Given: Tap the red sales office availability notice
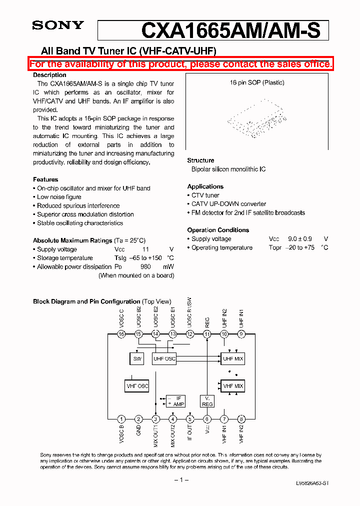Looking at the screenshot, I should (180, 64).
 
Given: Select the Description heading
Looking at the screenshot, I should (49, 75).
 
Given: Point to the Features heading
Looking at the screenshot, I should (45, 179).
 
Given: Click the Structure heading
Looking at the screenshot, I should (200, 160).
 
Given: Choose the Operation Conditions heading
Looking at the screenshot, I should (218, 230).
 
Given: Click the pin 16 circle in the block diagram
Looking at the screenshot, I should (121, 334).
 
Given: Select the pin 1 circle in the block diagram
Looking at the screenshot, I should (121, 419).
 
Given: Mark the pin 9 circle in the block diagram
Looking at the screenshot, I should (241, 334).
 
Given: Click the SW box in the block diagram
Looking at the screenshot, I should (137, 359).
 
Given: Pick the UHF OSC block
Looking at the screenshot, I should (164, 359).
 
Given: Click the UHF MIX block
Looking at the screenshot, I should (232, 359).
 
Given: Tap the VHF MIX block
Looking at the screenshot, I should (232, 386).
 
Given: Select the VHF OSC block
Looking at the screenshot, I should (137, 386).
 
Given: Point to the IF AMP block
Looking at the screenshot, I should (175, 401).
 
